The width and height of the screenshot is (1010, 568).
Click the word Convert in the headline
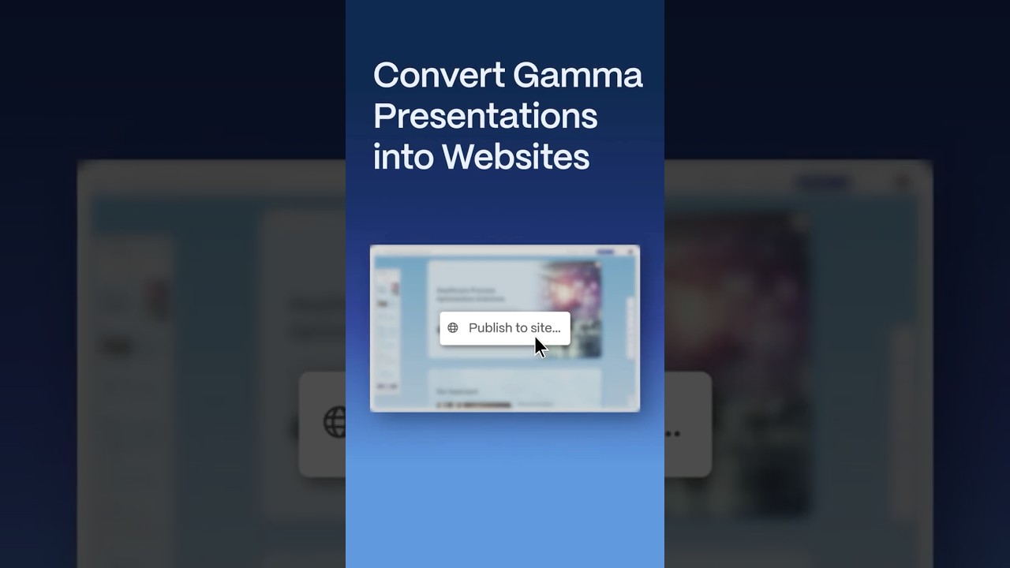(x=439, y=76)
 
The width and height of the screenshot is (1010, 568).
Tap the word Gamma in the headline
(x=578, y=76)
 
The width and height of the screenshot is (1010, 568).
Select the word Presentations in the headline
(x=485, y=116)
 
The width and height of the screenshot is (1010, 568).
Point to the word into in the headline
(x=403, y=156)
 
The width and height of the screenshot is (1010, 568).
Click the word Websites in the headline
(x=515, y=156)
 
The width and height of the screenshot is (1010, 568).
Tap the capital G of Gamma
(x=526, y=76)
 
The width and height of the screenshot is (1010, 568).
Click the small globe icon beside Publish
(x=453, y=328)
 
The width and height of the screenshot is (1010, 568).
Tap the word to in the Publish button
(x=522, y=328)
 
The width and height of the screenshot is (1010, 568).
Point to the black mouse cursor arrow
(x=540, y=347)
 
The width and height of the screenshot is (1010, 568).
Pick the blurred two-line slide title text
(x=471, y=294)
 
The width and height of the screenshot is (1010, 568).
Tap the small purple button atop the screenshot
(x=605, y=252)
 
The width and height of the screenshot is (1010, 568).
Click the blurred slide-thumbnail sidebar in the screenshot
(x=387, y=331)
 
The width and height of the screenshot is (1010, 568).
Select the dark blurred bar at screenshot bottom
(x=473, y=405)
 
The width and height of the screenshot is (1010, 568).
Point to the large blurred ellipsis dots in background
(x=672, y=433)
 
